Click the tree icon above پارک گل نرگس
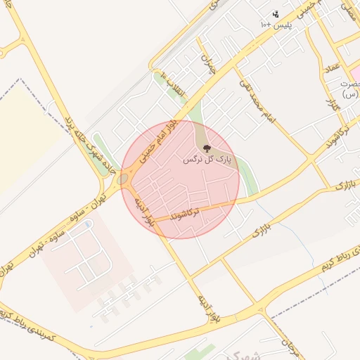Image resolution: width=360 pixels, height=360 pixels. [206, 148]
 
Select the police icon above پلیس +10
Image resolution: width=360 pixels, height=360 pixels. [275, 14]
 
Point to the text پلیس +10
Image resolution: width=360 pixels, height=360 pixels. [276, 25]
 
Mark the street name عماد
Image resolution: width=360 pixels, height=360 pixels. [330, 71]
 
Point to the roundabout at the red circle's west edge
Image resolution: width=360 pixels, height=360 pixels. [124, 179]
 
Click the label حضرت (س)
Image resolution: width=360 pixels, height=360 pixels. [349, 88]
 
